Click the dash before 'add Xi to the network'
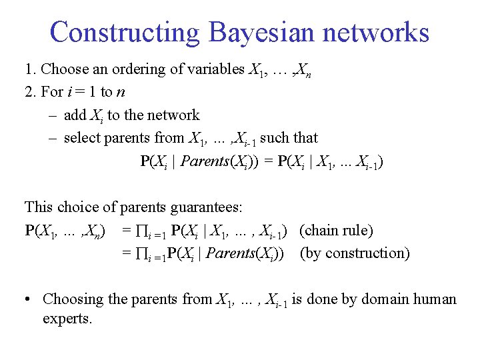(x=52, y=115)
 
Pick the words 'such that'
(x=289, y=138)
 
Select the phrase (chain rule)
(x=336, y=231)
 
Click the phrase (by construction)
(x=355, y=253)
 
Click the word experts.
(x=67, y=318)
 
